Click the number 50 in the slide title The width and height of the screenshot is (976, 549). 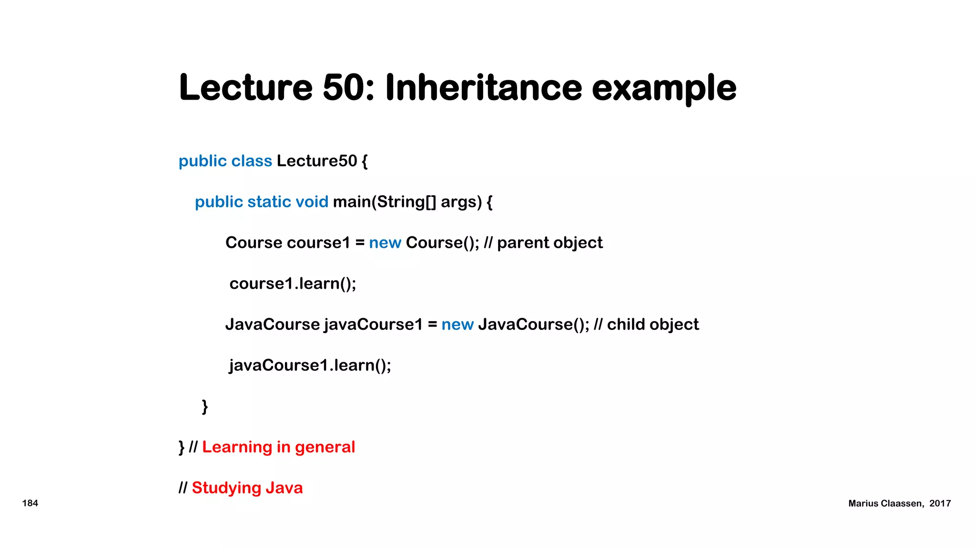point(348,88)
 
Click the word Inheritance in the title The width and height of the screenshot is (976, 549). point(483,88)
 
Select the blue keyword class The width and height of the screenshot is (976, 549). point(252,161)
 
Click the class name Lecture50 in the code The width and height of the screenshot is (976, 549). point(316,161)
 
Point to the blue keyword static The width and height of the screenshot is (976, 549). point(269,202)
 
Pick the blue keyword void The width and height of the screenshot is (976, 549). point(312,202)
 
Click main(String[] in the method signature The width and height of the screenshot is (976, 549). point(384,202)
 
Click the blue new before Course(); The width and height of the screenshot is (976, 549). point(385,243)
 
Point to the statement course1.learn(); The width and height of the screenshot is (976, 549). point(293,284)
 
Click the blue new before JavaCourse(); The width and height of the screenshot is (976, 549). point(457,325)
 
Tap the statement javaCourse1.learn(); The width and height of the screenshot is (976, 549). point(310,366)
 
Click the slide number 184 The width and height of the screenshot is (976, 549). point(30,503)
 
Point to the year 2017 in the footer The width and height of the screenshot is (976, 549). point(940,504)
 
